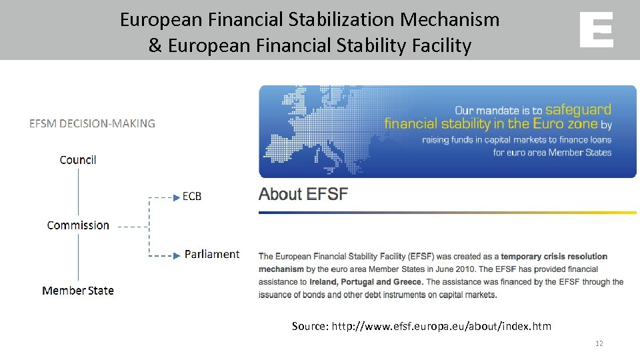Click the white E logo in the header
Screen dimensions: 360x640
(596, 30)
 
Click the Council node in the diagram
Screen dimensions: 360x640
(78, 160)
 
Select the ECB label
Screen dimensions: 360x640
(192, 197)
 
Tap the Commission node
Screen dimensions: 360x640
(78, 225)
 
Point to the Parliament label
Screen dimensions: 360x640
(212, 254)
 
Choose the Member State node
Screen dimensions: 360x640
(78, 291)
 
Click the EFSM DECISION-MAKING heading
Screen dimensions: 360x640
(92, 123)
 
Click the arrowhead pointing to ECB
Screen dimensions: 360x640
(177, 197)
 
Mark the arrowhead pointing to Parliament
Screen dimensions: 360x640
(177, 255)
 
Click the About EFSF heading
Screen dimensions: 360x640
(303, 195)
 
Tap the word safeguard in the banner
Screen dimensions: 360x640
(577, 109)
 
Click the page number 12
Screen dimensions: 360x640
(599, 343)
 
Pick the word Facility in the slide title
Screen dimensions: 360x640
(439, 45)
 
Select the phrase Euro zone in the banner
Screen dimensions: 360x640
(564, 124)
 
